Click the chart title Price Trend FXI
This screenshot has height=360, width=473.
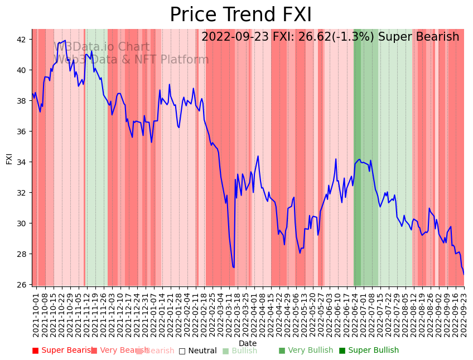click(240, 15)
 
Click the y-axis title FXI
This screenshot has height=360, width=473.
click(9, 158)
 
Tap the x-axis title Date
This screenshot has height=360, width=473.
click(248, 344)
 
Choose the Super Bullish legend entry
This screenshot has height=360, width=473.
click(369, 351)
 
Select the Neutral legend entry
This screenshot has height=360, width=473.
click(197, 351)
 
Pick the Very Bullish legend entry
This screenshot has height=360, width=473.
click(306, 351)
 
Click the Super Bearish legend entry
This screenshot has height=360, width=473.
click(62, 351)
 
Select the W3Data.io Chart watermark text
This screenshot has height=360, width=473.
click(102, 47)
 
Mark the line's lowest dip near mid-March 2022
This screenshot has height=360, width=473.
click(234, 267)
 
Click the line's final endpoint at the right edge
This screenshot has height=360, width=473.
click(464, 274)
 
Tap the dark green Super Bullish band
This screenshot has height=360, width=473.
click(357, 156)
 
